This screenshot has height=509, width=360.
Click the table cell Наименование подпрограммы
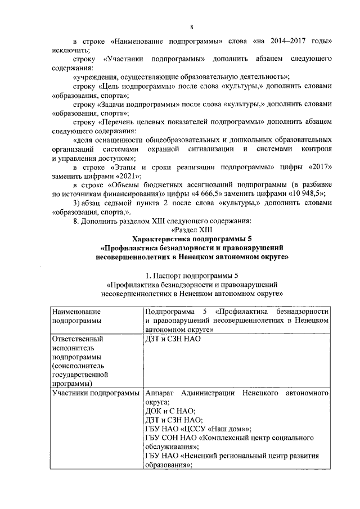pos(76,316)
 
